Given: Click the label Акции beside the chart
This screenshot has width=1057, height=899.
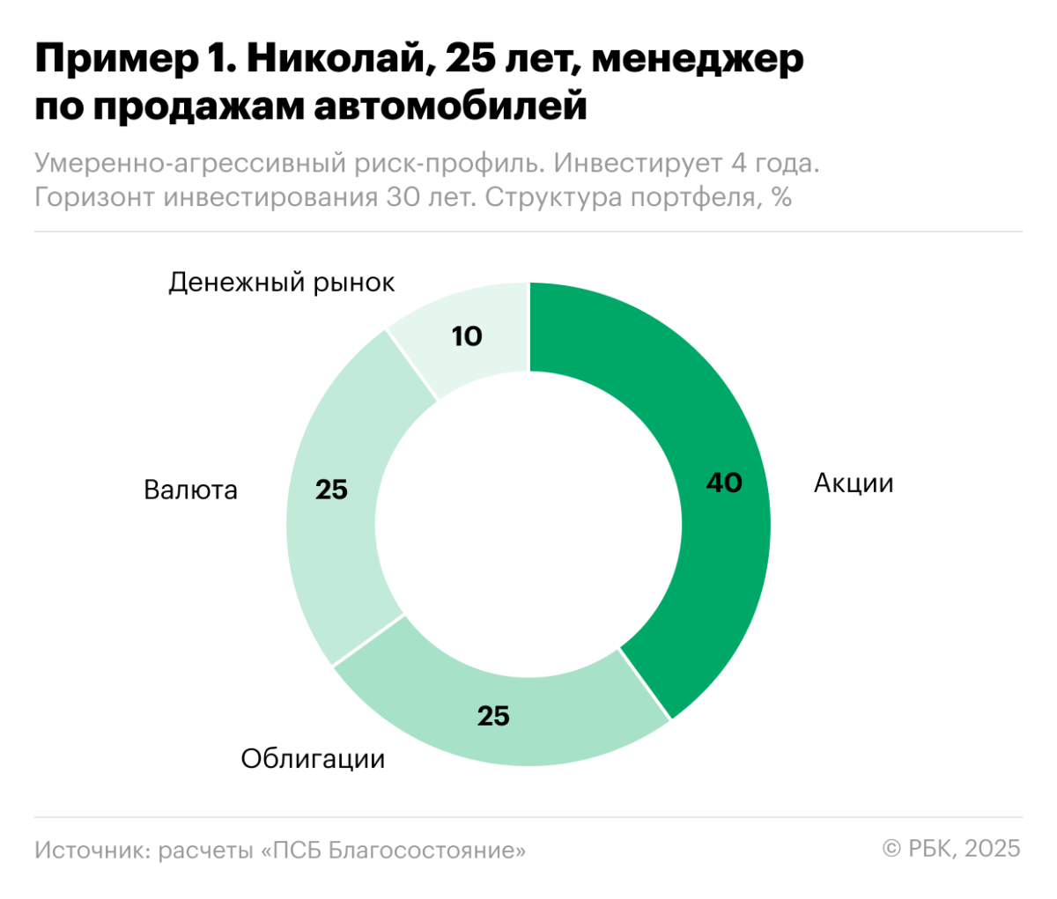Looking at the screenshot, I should pos(853,483).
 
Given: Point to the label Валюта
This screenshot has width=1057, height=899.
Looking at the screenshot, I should pos(190,490).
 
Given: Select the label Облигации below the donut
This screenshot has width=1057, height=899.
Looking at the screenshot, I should pos(313,758).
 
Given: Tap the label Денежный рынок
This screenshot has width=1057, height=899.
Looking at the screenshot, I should pos(282,283).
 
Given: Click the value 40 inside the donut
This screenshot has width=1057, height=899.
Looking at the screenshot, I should pos(724,483).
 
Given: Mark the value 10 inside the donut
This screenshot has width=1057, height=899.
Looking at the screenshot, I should pos(467,336).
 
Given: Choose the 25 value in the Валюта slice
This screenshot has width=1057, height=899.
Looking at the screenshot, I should pos(331,490).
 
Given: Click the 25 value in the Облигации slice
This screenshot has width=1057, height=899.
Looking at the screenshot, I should pos(493,716).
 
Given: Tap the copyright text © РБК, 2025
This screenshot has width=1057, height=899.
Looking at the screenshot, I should pos(951,848).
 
